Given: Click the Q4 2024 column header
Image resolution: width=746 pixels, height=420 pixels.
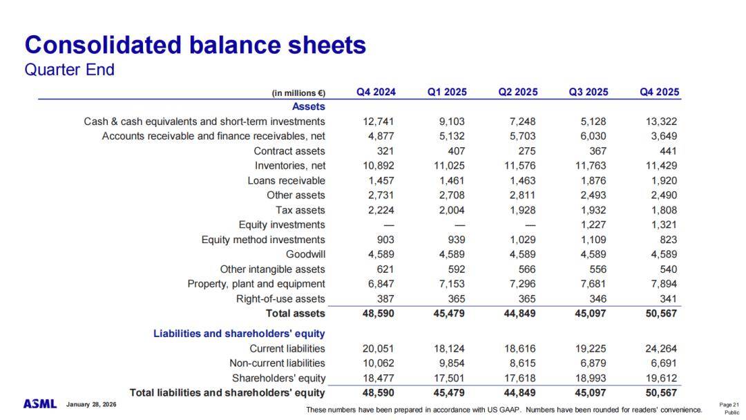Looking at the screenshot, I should click(x=376, y=92).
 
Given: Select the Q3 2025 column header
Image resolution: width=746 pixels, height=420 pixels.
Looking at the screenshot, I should click(x=589, y=92).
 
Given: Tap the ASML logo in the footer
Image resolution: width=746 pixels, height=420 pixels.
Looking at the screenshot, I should click(x=40, y=403).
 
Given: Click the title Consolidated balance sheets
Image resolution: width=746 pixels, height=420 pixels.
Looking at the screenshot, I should click(x=195, y=46).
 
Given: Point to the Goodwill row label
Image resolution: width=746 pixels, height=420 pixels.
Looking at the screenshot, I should click(x=305, y=254).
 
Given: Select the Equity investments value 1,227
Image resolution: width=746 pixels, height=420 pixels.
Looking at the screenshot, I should click(x=591, y=225).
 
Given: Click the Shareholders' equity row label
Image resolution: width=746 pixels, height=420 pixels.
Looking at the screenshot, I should click(x=278, y=378).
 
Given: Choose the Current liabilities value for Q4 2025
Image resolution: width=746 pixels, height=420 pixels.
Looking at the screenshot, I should click(x=660, y=348).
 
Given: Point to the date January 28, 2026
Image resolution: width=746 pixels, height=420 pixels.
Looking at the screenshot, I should click(x=92, y=404).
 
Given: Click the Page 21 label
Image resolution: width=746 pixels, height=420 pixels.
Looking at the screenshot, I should click(x=729, y=405).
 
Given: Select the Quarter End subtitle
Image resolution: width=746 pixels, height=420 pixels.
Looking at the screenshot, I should click(x=69, y=70).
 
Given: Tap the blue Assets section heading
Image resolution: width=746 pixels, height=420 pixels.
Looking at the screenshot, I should click(x=309, y=106).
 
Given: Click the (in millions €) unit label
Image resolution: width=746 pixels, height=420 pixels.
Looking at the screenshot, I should click(x=298, y=93).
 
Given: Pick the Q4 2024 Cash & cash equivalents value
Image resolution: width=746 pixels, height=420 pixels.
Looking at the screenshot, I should click(x=379, y=122).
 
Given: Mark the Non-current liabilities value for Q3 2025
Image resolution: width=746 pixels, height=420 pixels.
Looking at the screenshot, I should click(x=591, y=363).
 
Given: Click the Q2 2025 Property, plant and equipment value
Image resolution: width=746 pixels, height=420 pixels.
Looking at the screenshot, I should click(x=521, y=284).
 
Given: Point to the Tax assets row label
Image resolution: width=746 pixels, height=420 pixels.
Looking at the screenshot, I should click(x=300, y=210).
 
